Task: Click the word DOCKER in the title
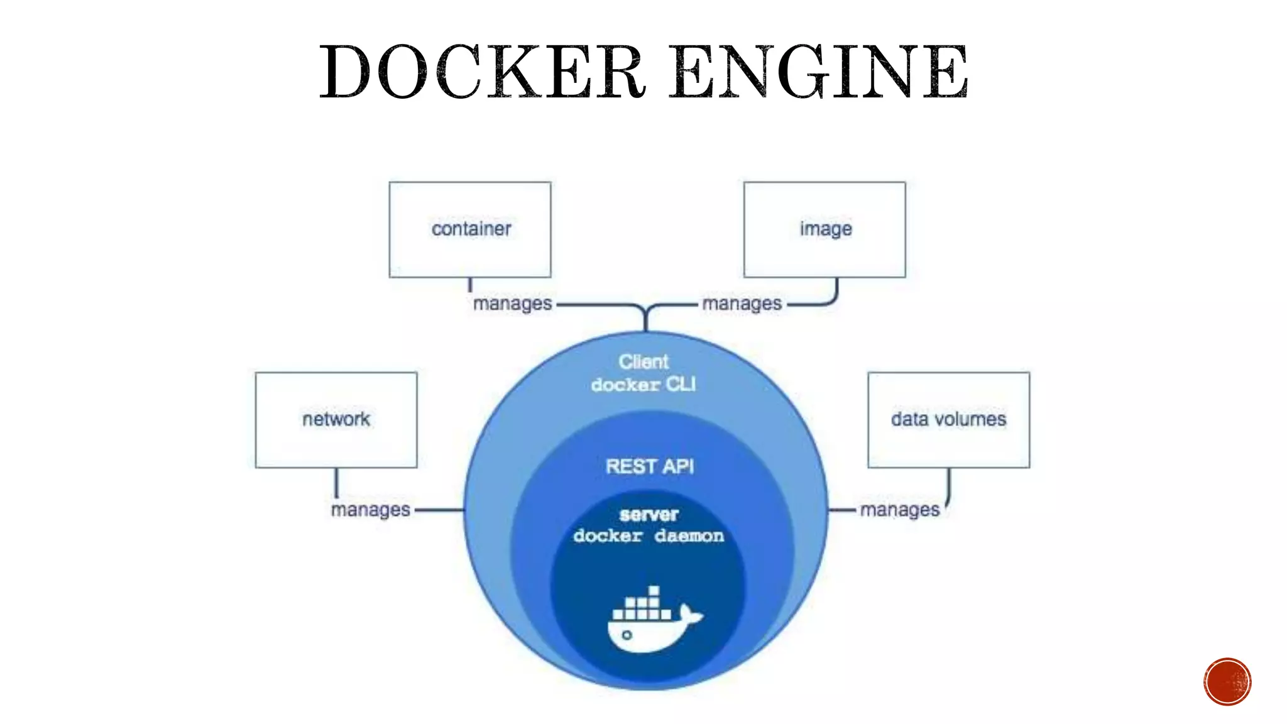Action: click(483, 72)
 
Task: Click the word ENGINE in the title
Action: click(818, 72)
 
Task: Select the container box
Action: click(470, 229)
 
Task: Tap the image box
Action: click(824, 229)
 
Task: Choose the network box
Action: click(336, 420)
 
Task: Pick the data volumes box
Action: click(948, 420)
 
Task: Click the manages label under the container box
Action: click(512, 304)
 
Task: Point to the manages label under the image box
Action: click(742, 304)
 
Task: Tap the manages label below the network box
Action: click(370, 509)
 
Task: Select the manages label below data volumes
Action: click(899, 509)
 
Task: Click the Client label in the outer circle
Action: click(643, 361)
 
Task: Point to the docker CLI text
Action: click(643, 384)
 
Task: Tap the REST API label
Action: click(650, 466)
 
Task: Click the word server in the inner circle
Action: click(649, 515)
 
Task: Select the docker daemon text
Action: click(649, 535)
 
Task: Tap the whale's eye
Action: click(627, 635)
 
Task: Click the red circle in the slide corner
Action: click(1227, 682)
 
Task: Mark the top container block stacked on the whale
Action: click(654, 591)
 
